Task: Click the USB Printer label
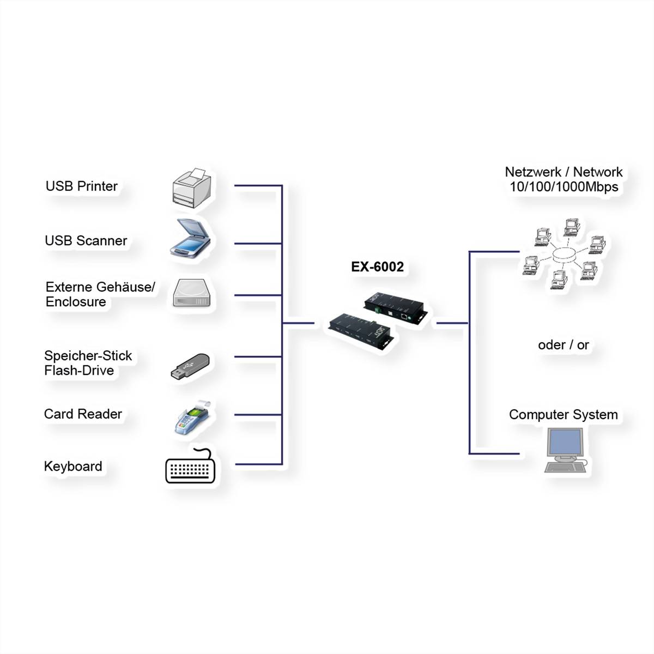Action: click(x=82, y=186)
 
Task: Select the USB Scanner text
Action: click(x=86, y=241)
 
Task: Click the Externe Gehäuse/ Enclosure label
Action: click(x=100, y=294)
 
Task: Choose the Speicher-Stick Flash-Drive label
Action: click(x=88, y=363)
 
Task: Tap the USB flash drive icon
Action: click(x=190, y=366)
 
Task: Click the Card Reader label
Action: click(x=83, y=414)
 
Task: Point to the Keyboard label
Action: click(x=73, y=467)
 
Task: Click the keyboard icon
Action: click(x=190, y=468)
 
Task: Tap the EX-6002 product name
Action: click(x=377, y=267)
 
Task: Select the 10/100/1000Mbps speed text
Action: click(x=564, y=187)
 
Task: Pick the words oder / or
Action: click(x=564, y=345)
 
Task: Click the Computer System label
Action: click(x=564, y=415)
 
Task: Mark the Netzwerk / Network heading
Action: click(x=564, y=172)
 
